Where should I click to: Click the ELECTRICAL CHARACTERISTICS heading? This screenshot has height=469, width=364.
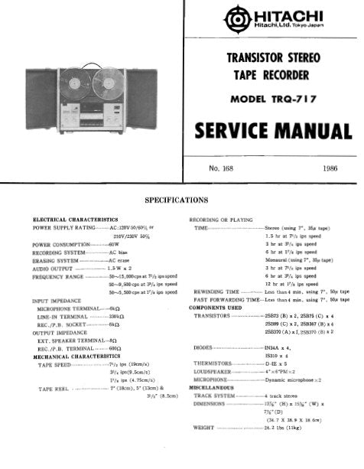[x=75, y=220]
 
